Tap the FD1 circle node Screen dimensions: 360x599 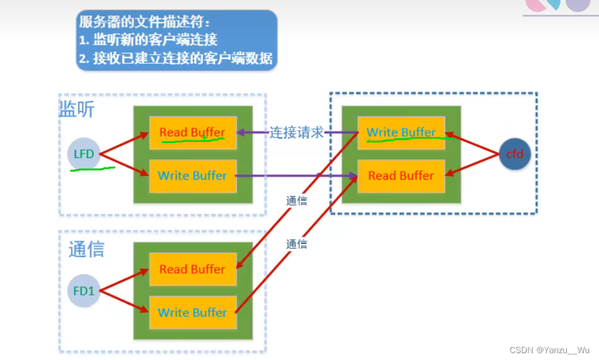[84, 290]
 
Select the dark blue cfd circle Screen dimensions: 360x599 [515, 154]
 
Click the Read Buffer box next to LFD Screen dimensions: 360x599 [192, 133]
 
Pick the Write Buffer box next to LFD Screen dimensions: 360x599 [192, 175]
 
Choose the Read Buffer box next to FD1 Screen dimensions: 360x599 [192, 269]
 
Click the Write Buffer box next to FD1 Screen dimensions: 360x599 [192, 312]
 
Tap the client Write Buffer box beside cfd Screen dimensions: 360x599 [401, 133]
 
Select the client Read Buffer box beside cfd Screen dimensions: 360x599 [401, 175]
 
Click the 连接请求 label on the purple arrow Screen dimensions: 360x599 [296, 133]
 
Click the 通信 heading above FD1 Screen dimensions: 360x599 [86, 249]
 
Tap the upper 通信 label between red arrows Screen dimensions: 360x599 [297, 201]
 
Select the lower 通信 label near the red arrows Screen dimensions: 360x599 [297, 244]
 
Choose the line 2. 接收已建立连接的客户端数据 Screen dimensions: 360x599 [175, 59]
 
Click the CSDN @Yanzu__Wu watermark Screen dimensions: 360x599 [549, 350]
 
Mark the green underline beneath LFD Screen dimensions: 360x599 [93, 169]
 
